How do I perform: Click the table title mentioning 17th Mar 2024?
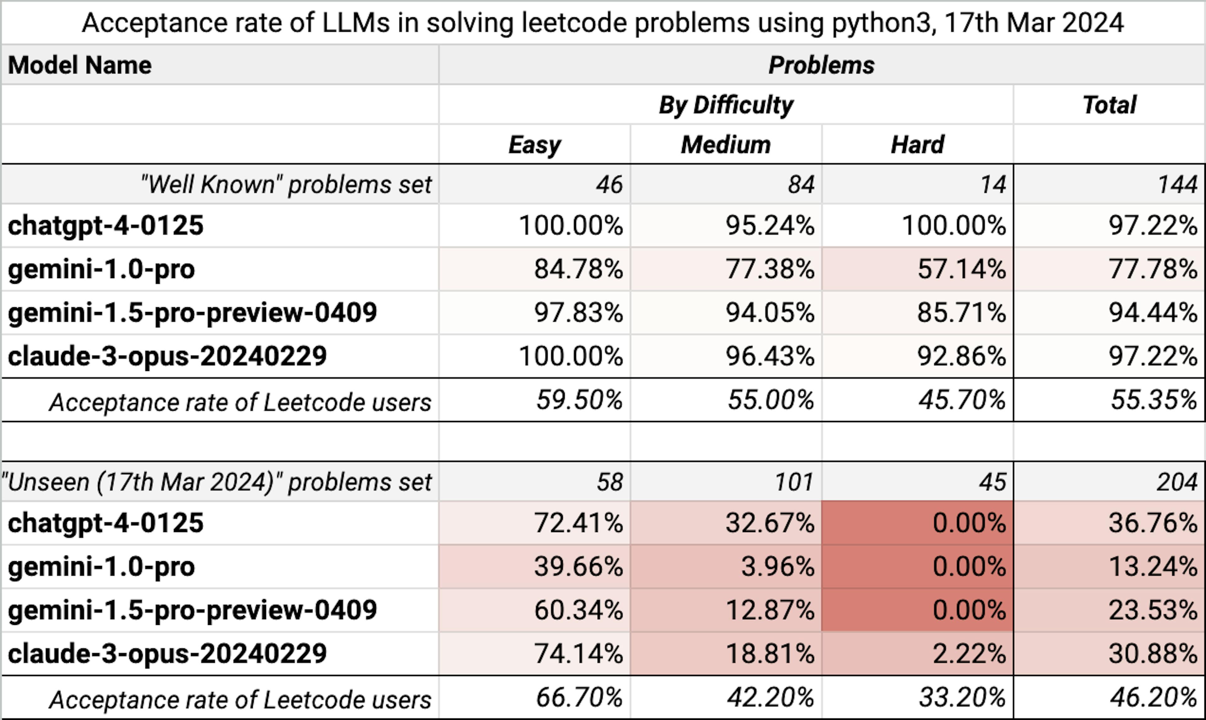(602, 23)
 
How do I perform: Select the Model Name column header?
(80, 65)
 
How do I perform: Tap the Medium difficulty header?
(725, 145)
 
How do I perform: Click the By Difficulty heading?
(725, 105)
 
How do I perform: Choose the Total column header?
(1109, 105)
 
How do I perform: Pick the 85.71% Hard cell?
(961, 313)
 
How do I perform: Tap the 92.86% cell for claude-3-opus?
(961, 356)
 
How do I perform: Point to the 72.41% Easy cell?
(578, 523)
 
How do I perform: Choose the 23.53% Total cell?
(1153, 610)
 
